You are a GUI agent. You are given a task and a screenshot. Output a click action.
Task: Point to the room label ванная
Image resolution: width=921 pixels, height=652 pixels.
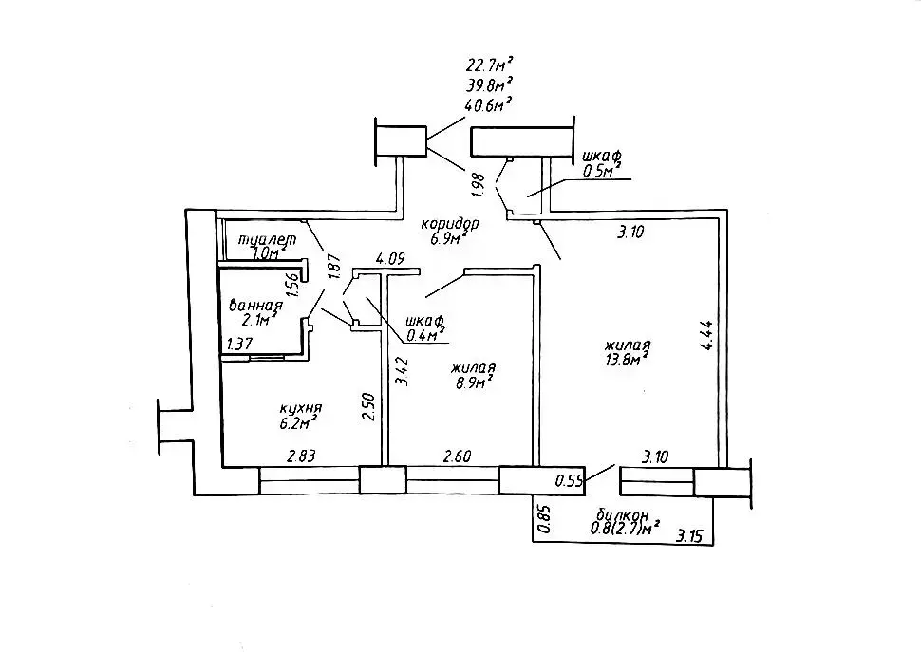click(256, 305)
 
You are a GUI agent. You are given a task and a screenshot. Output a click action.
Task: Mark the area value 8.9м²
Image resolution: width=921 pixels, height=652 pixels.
click(473, 382)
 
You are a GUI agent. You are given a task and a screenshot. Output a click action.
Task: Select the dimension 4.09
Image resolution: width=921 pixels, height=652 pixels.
click(391, 257)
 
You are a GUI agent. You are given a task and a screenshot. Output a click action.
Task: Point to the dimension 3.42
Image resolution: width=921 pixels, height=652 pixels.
click(402, 369)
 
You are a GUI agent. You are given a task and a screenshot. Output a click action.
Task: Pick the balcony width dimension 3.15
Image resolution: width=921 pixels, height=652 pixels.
click(690, 536)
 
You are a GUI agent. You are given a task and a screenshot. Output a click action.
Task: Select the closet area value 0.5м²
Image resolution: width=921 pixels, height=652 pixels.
click(600, 170)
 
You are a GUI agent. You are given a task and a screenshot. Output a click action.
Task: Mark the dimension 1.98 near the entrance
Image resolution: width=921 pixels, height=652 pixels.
click(479, 183)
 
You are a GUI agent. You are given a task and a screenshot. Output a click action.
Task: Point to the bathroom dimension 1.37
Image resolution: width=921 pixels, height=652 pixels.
click(239, 344)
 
